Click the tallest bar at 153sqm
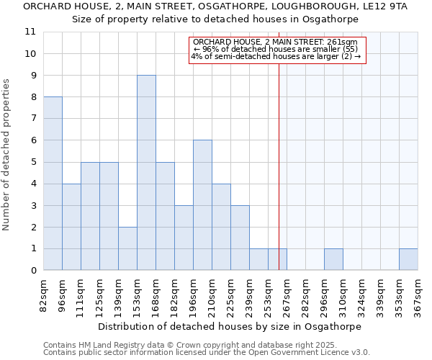click(x=146, y=173)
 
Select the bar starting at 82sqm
click(x=53, y=184)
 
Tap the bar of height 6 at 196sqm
click(x=202, y=205)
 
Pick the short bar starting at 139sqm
click(x=127, y=248)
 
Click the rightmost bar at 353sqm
click(x=408, y=260)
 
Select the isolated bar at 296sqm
click(x=333, y=260)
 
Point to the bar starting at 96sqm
click(x=71, y=227)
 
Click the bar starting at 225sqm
click(x=240, y=238)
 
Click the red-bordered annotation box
click(x=278, y=50)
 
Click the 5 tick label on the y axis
click(x=32, y=162)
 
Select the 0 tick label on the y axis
click(x=32, y=271)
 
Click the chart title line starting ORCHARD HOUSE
click(x=215, y=6)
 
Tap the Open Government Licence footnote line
click(x=207, y=353)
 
